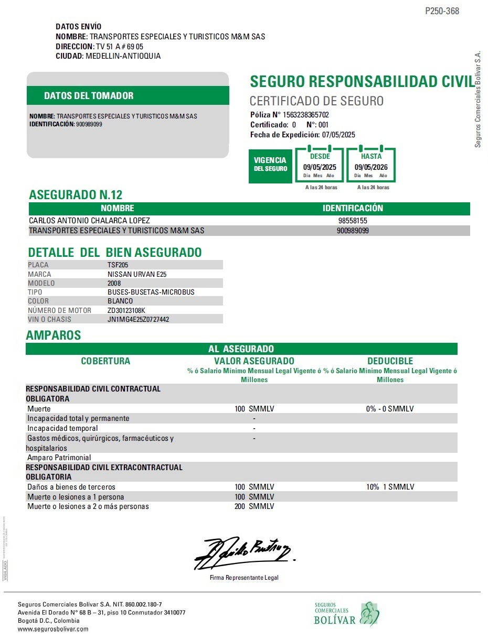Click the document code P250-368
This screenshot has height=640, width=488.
[442, 11]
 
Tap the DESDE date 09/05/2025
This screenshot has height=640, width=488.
[320, 167]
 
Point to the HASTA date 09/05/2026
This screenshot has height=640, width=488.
[371, 167]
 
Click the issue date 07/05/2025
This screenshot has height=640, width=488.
[338, 135]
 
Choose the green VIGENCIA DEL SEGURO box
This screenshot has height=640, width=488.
[270, 164]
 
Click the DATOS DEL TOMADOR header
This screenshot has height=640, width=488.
[89, 96]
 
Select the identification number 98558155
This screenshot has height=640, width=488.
[353, 221]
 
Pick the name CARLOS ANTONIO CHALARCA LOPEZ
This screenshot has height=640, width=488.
[89, 221]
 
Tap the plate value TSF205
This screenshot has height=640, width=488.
[118, 265]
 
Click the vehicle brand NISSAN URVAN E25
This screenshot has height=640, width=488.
[137, 274]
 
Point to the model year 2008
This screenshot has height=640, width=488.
[114, 283]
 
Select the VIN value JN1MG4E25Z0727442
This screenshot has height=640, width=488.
[138, 319]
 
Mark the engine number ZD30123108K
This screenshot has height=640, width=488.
[126, 310]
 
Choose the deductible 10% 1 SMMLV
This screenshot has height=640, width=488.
[390, 487]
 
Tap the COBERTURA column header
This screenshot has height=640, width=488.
[105, 361]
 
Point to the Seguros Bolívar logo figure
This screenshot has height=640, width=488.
[369, 614]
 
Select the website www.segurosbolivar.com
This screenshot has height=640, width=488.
[53, 629]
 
